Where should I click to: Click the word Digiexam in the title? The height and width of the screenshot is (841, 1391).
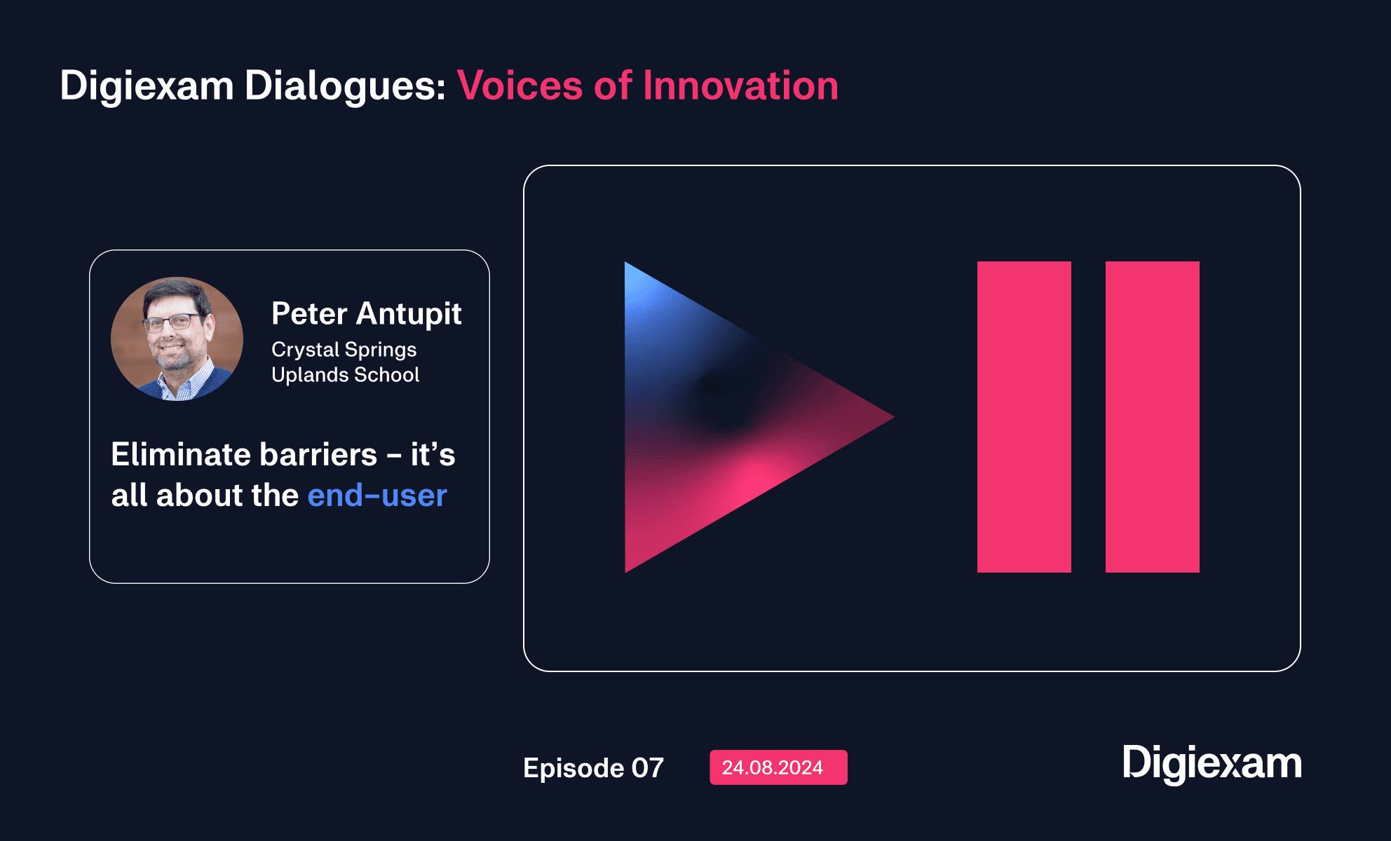coord(147,87)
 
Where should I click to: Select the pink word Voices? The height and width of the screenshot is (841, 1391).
coord(520,86)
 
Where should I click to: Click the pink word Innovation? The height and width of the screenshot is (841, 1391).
coord(740,86)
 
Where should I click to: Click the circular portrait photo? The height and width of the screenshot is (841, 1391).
coord(177,339)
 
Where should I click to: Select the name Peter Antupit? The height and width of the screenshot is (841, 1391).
coord(366,313)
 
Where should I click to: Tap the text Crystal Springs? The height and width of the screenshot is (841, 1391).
coord(344,350)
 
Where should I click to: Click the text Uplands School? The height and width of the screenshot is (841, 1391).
coord(345,374)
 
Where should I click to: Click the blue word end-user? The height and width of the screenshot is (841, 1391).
coord(377,495)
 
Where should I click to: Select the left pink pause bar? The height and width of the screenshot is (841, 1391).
coord(1024,417)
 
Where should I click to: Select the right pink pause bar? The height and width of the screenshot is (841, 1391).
coord(1152,417)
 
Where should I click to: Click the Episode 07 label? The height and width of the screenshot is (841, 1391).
coord(593,768)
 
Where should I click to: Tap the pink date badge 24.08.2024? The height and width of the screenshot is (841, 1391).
coord(778,767)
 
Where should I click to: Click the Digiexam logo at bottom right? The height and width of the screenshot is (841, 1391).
coord(1212,764)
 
